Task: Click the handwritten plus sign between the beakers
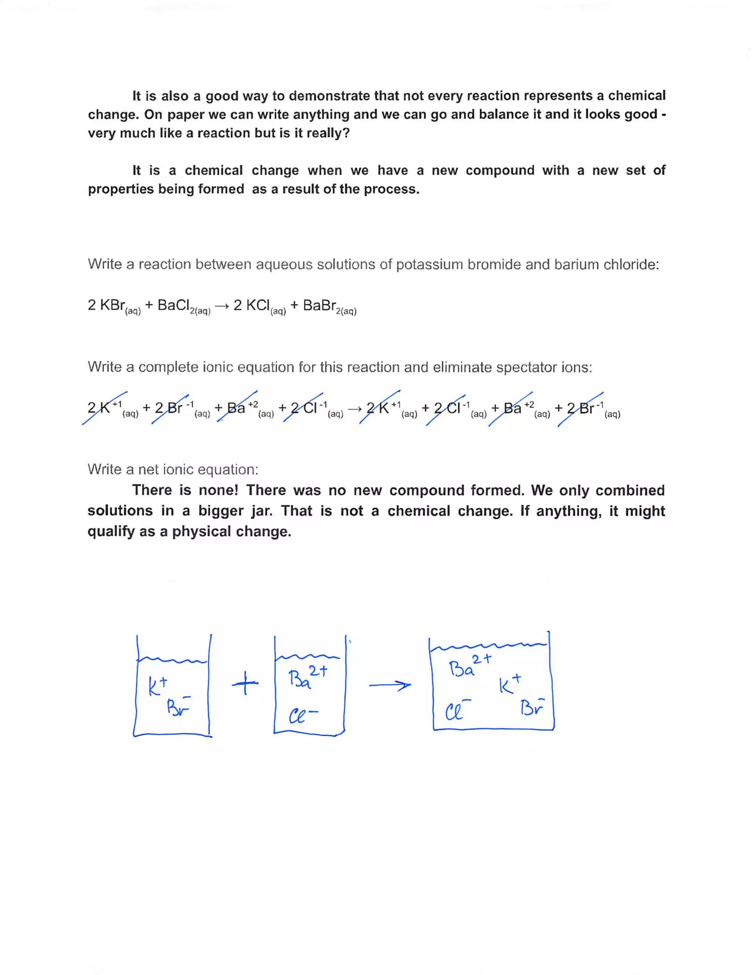(x=245, y=684)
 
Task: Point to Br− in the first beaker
(x=178, y=706)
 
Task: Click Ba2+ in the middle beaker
(x=307, y=678)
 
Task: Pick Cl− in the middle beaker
(x=303, y=716)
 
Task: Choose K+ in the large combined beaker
(x=510, y=684)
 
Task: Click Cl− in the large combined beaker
(x=458, y=711)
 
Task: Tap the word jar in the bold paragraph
(x=261, y=511)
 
